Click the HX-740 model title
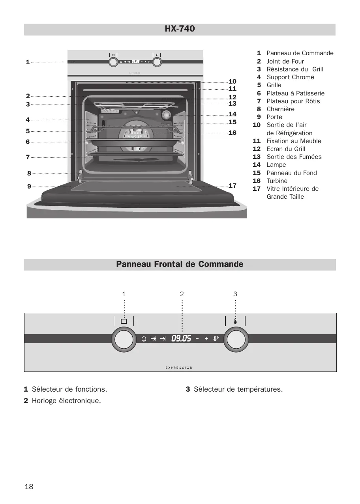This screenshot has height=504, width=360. pos(180,29)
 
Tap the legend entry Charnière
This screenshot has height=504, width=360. pos(280,109)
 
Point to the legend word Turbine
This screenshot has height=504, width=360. pos(277,181)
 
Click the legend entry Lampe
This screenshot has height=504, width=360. pos(276,165)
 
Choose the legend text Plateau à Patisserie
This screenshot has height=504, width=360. pos(295,93)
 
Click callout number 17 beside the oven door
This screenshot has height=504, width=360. pos(232,185)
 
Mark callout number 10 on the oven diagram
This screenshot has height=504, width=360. pos(232,81)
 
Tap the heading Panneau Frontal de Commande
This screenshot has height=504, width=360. pos(180,264)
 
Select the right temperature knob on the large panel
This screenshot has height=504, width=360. pos(236,340)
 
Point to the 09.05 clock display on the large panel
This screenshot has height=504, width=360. pos(181,338)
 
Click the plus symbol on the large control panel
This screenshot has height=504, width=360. pos(206,338)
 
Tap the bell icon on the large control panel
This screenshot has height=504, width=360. pos(144,338)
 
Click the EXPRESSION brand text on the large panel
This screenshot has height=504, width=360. pos(179,368)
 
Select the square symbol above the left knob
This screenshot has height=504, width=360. pos(124,321)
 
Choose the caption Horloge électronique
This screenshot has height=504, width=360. pos(66,401)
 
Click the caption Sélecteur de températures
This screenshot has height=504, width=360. pos(238,389)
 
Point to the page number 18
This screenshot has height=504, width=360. pos(29,486)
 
